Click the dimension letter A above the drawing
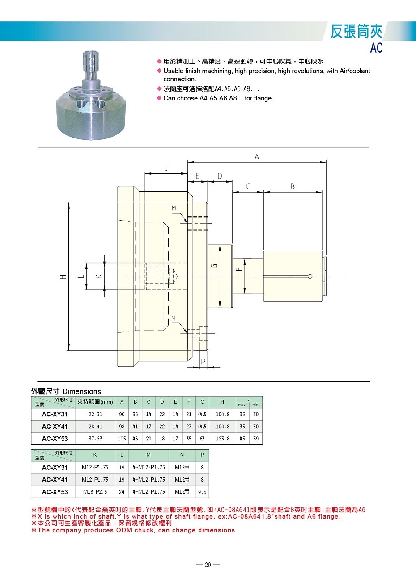257,157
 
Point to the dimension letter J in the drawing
166,167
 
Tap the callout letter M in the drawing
174,208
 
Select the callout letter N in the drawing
173,318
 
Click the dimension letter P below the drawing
203,361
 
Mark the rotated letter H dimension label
63,277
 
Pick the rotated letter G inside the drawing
215,266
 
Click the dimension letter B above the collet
293,187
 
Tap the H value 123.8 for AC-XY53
222,439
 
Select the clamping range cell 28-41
95,427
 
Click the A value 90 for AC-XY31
122,414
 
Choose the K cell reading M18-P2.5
95,492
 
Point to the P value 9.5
202,492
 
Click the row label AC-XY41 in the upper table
55,427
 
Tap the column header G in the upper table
202,402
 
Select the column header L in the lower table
122,455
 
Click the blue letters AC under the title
377,47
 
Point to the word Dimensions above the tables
82,391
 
